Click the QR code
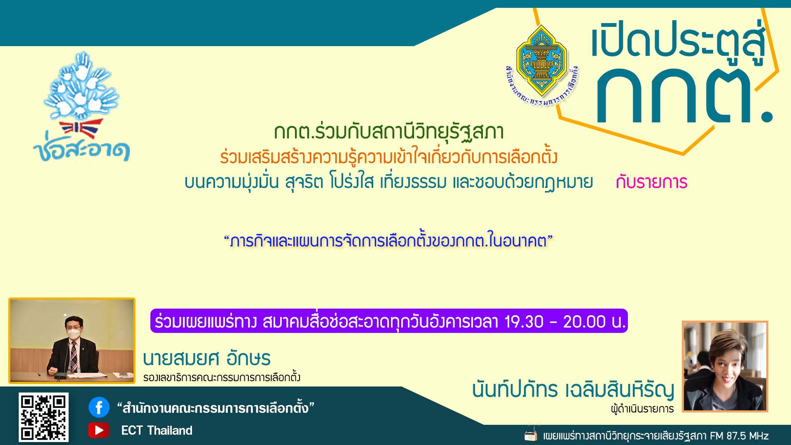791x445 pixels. (x=43, y=417)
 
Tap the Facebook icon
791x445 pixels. (x=99, y=407)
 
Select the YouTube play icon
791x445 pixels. (x=99, y=430)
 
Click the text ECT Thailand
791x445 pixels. (x=157, y=431)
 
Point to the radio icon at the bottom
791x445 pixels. (x=531, y=435)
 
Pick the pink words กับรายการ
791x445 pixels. (x=652, y=182)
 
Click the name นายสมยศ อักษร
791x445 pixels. (x=207, y=358)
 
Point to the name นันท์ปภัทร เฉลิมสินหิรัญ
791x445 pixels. (x=573, y=389)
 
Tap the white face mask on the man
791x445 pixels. (x=74, y=334)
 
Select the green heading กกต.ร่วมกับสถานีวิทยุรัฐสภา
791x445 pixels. (x=389, y=132)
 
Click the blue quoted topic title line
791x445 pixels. (x=388, y=241)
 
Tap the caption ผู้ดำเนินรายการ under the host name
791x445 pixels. (x=642, y=409)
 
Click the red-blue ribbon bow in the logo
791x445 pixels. (x=80, y=129)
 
